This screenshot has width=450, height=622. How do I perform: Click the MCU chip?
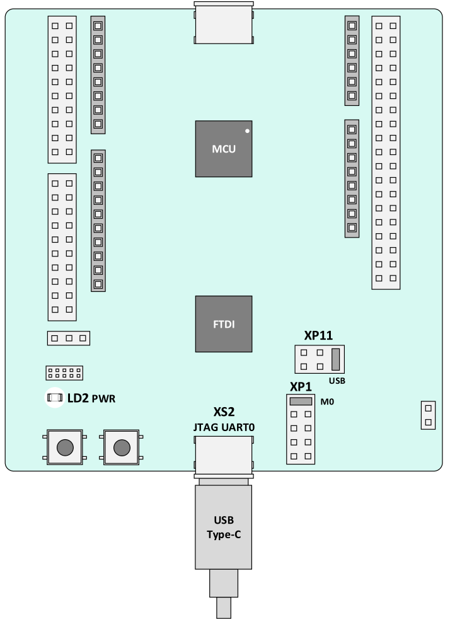click(223, 149)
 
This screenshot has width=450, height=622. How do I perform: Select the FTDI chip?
click(223, 324)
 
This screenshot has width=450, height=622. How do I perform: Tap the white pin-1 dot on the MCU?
click(247, 130)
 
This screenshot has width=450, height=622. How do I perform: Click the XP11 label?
click(318, 336)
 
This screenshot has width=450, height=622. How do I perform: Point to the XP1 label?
click(301, 387)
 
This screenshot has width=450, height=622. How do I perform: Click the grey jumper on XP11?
click(336, 359)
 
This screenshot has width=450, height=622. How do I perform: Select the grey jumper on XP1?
click(301, 401)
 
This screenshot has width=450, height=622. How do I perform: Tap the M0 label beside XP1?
click(327, 402)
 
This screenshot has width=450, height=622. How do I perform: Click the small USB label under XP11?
click(337, 381)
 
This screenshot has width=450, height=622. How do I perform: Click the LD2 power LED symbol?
click(55, 398)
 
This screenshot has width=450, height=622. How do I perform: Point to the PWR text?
click(103, 399)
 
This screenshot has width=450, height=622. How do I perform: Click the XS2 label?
click(224, 412)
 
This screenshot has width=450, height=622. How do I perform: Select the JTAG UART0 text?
click(224, 427)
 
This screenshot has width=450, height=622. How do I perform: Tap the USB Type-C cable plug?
click(223, 527)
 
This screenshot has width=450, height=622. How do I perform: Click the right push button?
click(122, 447)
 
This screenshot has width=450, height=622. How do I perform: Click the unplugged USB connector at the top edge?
click(223, 23)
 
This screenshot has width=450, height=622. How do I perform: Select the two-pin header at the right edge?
click(428, 415)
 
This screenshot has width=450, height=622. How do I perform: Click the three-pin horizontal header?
click(69, 338)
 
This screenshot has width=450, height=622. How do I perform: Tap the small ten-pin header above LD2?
click(64, 373)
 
